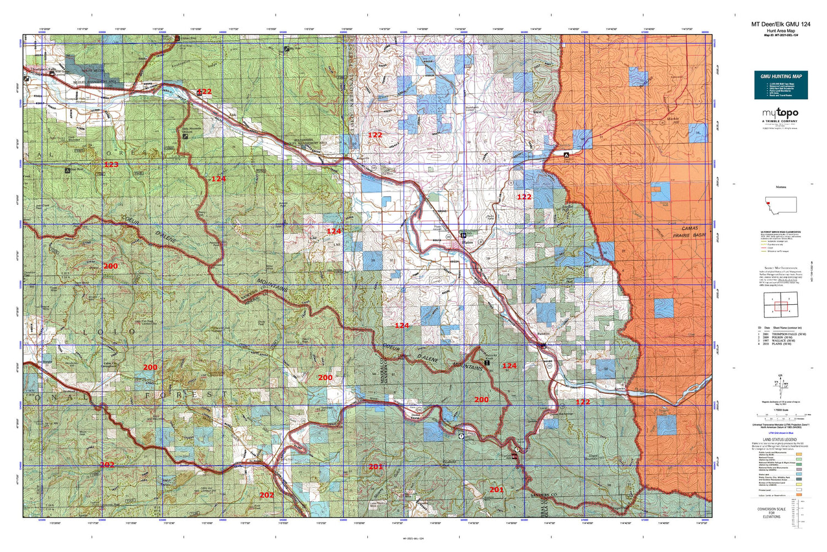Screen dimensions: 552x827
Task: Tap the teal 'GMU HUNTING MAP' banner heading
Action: [781, 76]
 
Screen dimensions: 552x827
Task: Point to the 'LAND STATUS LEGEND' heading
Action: [778, 440]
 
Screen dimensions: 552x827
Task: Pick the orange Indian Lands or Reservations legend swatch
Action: [798, 496]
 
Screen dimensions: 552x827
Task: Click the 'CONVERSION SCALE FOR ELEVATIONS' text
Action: [771, 513]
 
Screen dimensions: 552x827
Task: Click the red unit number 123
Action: [111, 164]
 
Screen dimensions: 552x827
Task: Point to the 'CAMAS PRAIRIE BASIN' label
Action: [689, 231]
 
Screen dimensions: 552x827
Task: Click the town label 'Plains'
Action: [468, 242]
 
